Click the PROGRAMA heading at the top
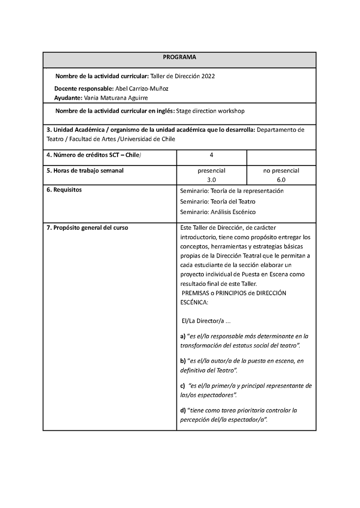pos(180,58)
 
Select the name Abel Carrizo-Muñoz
pos(142,89)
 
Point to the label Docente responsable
pos(84,89)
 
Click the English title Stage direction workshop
pos(210,111)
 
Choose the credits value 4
pos(211,155)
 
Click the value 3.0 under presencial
pos(211,179)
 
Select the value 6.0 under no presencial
pos(281,179)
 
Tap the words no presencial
pos(281,171)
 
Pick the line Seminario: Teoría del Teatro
pos(218,201)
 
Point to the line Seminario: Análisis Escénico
pos(218,212)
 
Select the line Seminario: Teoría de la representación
pos(232,191)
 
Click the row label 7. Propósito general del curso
pos(87,228)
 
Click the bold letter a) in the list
pos(183,336)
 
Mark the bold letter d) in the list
pos(183,410)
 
